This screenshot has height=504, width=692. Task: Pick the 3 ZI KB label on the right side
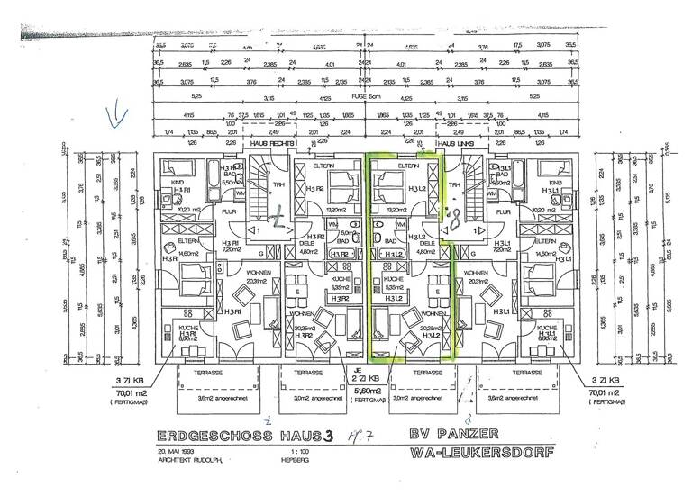pos(601,380)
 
